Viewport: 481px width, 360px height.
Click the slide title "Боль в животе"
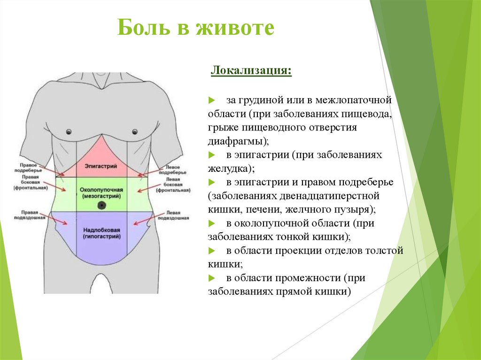click(x=195, y=28)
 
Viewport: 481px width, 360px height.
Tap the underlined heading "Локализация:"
click(x=251, y=72)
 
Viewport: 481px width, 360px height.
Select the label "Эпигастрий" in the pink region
click(x=101, y=166)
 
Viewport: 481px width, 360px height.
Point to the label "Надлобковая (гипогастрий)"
click(x=101, y=233)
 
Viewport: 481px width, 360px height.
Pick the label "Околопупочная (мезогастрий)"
click(x=101, y=192)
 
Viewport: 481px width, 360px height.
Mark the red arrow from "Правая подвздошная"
click(x=59, y=221)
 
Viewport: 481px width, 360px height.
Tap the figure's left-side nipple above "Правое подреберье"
click(x=69, y=131)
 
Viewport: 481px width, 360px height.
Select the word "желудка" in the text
click(x=228, y=168)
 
